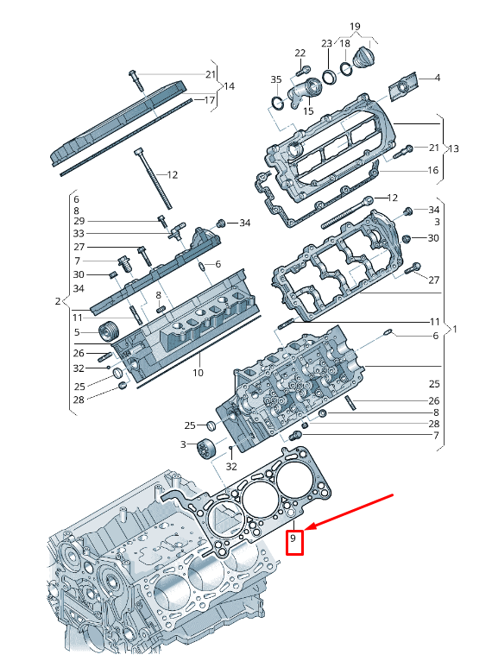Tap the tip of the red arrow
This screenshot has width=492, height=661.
308,529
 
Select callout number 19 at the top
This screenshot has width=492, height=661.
356,27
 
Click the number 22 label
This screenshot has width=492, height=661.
300,54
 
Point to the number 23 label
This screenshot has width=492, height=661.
327,43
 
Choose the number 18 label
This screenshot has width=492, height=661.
344,43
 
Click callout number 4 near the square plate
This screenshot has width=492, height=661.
437,79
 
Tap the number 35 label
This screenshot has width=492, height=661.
276,80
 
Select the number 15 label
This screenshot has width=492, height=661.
307,110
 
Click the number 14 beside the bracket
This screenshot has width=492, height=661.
229,86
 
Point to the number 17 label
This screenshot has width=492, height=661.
208,100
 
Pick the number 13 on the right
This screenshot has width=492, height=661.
454,148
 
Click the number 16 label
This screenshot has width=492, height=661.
433,171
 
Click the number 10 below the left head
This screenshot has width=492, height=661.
198,373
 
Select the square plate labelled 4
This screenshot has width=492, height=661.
402,87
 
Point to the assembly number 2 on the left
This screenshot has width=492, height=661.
57,302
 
